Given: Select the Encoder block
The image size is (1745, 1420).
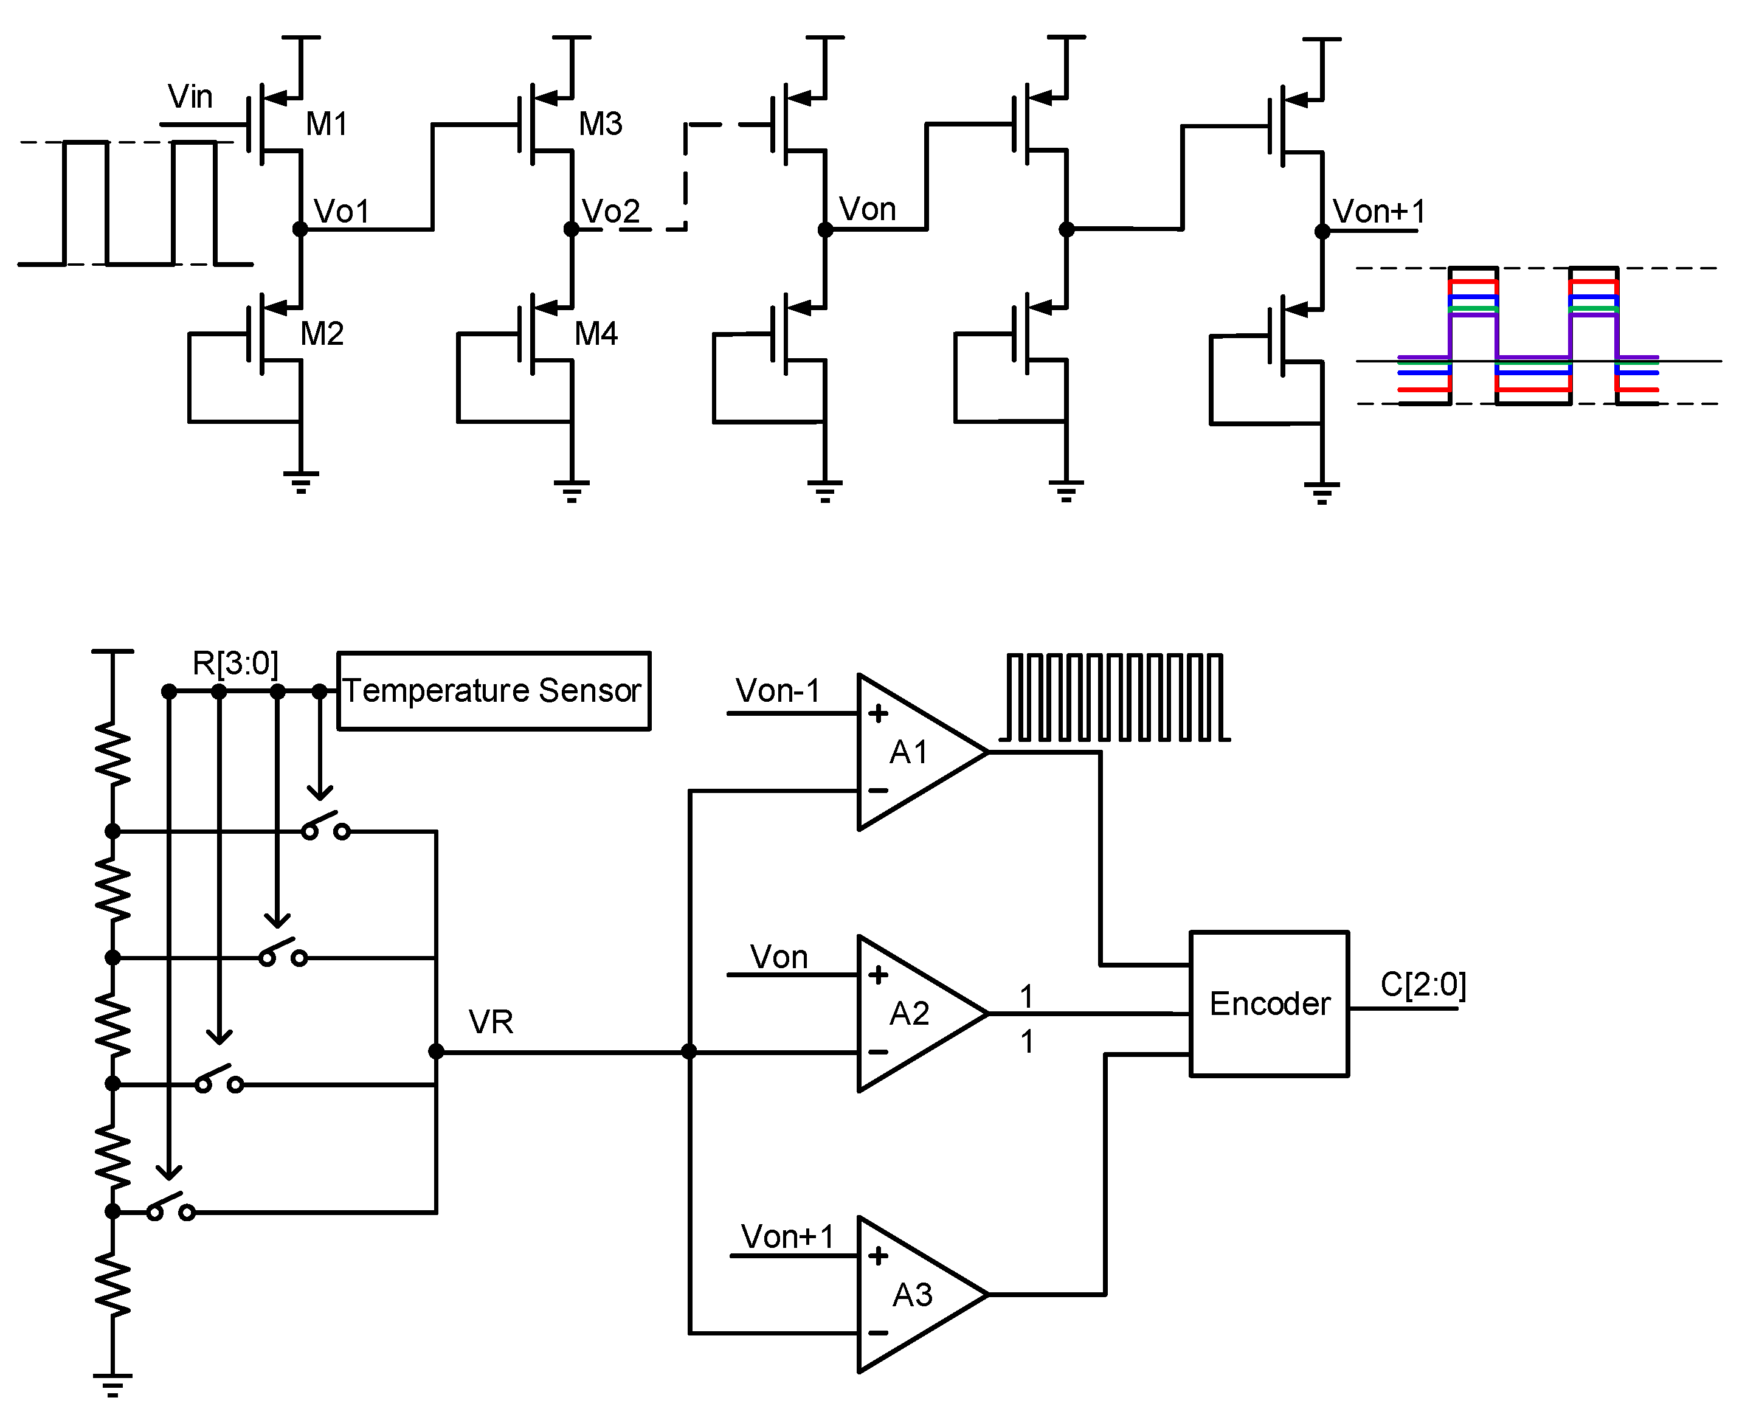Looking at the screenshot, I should click(1268, 1003).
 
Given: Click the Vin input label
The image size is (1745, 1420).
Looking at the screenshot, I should click(190, 97).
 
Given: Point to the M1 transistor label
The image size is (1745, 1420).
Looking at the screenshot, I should click(327, 124).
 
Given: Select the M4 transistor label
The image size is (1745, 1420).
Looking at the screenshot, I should click(595, 334).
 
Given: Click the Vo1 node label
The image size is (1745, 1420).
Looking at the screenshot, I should click(342, 212).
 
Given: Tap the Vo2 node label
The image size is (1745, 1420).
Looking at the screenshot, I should click(610, 212).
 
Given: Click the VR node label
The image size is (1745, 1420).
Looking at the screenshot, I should click(491, 1022).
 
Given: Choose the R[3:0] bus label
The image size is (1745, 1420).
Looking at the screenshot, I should click(235, 663).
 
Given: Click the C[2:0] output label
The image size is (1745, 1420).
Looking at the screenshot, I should click(1423, 985).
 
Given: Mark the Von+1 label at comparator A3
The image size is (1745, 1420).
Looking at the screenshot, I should click(787, 1237).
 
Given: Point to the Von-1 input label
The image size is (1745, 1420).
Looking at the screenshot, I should click(778, 691).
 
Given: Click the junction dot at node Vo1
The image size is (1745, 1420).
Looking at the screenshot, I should click(300, 230).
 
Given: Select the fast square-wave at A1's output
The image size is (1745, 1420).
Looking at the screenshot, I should click(1114, 698).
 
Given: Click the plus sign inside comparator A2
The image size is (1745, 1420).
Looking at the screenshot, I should click(878, 975).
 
